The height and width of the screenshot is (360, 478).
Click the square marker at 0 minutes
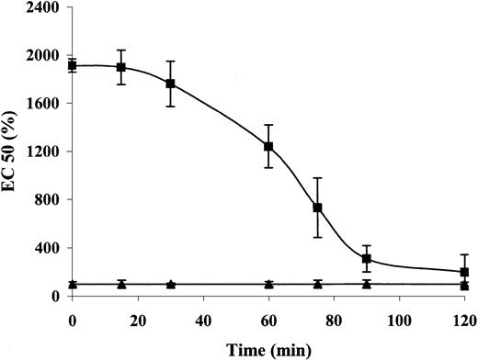coord(73,65)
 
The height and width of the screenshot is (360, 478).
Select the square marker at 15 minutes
coord(121,67)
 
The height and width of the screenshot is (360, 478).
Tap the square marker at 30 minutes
coord(170,84)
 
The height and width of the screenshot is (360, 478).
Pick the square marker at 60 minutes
coord(268,146)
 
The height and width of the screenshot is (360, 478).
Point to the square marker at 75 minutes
coord(317,208)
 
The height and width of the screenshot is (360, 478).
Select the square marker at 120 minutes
coord(464,272)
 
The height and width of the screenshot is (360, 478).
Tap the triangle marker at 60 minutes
coord(268,285)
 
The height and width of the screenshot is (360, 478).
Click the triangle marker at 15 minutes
coord(121,285)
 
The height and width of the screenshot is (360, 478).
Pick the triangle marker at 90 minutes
coord(367,285)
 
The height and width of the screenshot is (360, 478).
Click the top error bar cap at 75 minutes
coord(317,178)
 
